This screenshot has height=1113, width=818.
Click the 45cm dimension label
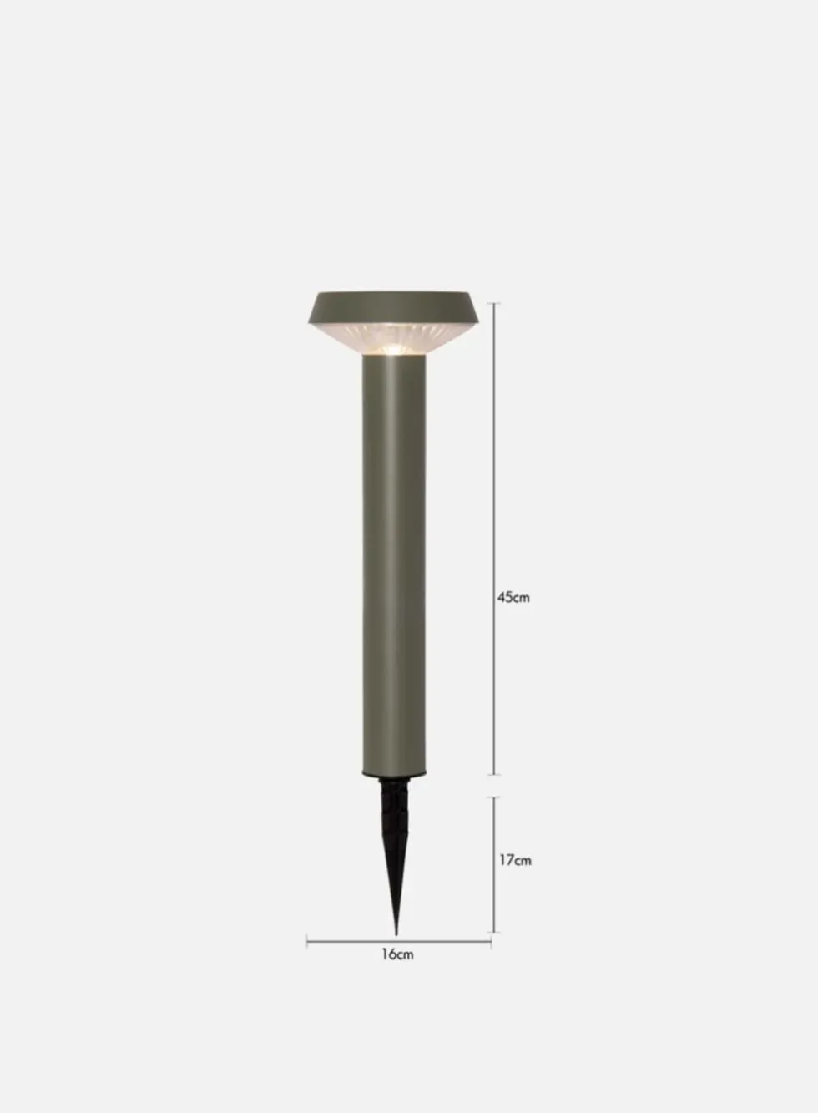513,597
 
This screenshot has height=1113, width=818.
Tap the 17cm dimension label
515,860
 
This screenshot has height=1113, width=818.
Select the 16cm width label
397,954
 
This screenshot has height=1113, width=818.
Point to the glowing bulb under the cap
393,349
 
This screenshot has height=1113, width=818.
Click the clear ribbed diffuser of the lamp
393,339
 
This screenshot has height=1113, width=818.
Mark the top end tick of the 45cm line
493,303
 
